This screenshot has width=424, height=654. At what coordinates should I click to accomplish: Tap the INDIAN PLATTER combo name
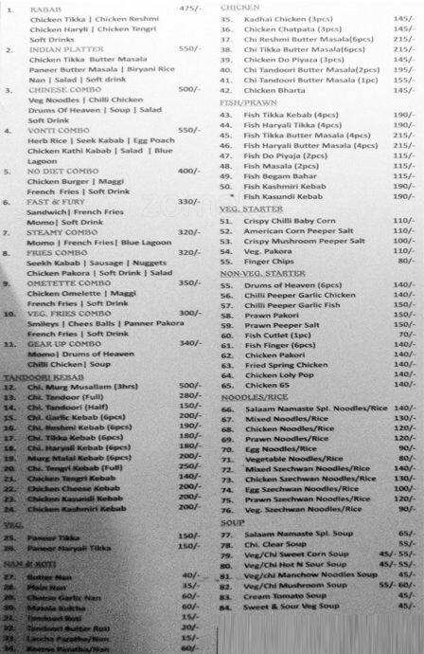(x=65, y=47)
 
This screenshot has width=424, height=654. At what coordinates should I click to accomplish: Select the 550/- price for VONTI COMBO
(x=190, y=130)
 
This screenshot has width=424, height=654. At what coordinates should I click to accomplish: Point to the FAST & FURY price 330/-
(x=190, y=201)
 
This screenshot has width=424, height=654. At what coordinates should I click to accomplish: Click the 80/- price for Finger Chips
(x=405, y=260)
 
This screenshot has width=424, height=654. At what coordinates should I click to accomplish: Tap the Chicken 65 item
(x=271, y=386)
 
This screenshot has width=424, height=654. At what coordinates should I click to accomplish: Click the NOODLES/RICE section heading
(x=254, y=397)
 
